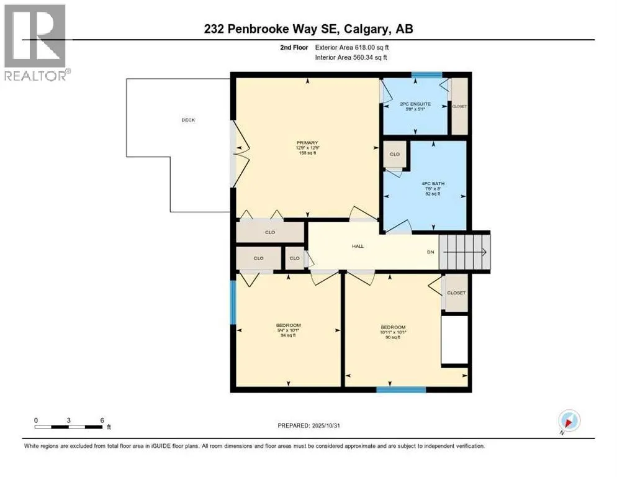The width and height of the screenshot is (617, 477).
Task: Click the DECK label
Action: coord(188,120)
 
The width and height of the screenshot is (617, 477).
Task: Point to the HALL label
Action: coord(358,246)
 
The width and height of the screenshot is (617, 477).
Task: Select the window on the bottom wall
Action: coord(401,389)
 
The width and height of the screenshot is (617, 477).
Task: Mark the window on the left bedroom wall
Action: coord(233,302)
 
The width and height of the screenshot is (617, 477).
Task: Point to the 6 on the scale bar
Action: coord(102,420)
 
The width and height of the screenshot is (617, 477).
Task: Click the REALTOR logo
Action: coord(36,43)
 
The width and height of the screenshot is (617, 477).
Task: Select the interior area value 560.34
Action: coord(369,58)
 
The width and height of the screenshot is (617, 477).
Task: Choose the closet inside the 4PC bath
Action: coord(394,155)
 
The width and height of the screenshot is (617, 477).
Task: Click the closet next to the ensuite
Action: coord(459,106)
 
